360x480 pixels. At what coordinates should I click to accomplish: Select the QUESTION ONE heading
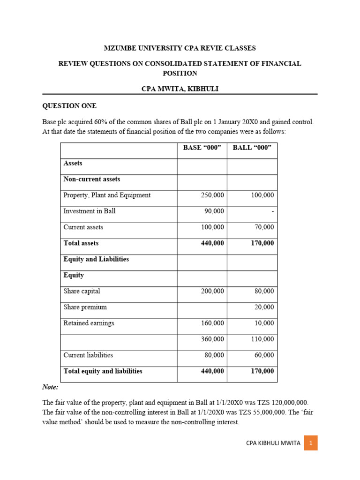coord(69,106)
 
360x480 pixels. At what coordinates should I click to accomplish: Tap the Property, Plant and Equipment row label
coord(107,195)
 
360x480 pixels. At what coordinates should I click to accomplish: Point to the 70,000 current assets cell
coord(264,227)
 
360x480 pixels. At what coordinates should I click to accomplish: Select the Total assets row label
coord(81,243)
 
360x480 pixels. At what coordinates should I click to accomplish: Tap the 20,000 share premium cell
coord(264,307)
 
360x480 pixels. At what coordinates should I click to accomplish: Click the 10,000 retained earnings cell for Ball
coord(264,323)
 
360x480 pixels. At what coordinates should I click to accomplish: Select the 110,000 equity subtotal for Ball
coord(263,339)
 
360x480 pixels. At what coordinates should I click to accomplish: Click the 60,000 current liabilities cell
coord(264,355)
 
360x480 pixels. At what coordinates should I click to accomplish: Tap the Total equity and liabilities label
coord(103,371)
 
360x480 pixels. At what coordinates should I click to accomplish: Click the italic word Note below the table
coord(50,387)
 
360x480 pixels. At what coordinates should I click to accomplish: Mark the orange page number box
coord(310,442)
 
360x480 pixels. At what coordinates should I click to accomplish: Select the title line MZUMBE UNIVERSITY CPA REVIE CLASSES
coord(180,48)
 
